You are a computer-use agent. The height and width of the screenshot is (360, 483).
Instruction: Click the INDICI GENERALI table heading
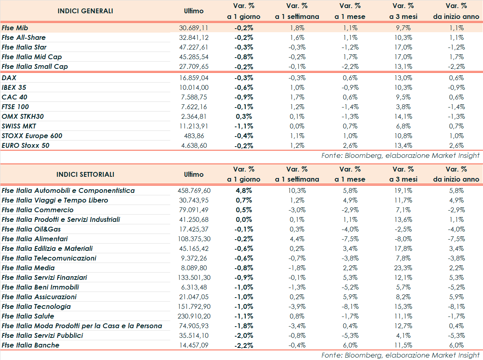point(85,11)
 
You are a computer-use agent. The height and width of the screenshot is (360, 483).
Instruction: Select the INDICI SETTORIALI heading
point(85,174)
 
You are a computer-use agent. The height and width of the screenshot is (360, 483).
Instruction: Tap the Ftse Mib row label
point(14,28)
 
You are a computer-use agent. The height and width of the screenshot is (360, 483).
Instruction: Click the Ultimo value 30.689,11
point(194,28)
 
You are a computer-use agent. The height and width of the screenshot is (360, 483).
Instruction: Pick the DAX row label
point(9,78)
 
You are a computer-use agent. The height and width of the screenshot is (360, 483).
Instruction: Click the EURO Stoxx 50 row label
point(25,145)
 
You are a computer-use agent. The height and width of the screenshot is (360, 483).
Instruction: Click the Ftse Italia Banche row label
point(30,345)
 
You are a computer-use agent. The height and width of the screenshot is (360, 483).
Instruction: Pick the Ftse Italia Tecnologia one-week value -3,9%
point(297,306)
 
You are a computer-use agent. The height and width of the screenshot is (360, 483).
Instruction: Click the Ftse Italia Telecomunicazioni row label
point(49,258)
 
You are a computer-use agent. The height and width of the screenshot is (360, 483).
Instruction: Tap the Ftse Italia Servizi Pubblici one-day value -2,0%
point(244,335)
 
